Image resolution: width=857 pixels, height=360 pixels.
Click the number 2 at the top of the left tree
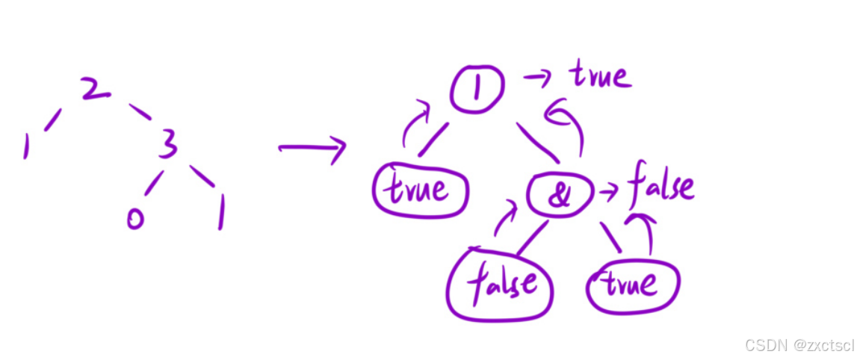[x=96, y=89]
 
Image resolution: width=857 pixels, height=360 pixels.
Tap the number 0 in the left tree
[x=134, y=219]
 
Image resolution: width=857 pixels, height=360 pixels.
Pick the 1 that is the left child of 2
[x=26, y=146]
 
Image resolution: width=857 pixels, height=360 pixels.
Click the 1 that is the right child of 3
[x=220, y=213]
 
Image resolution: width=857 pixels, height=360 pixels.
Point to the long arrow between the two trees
[x=312, y=148]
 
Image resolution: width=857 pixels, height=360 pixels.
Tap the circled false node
[x=500, y=284]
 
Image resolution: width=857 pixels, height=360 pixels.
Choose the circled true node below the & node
[x=632, y=285]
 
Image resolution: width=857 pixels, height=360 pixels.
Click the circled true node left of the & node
[x=419, y=190]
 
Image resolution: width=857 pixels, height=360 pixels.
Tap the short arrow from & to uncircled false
[x=608, y=192]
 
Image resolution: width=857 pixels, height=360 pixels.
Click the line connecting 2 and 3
[x=140, y=112]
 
